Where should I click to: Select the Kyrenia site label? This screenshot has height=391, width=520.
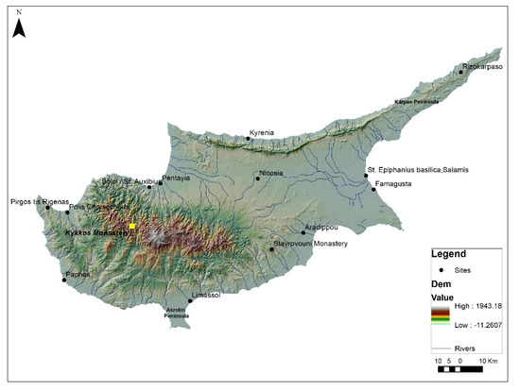coord(261,133)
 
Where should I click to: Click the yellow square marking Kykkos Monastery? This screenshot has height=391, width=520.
coord(133,227)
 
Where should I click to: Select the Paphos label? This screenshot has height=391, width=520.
coord(78,276)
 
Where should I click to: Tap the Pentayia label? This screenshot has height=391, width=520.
coord(177,178)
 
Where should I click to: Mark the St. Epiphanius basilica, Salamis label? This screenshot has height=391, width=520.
coord(416,170)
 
